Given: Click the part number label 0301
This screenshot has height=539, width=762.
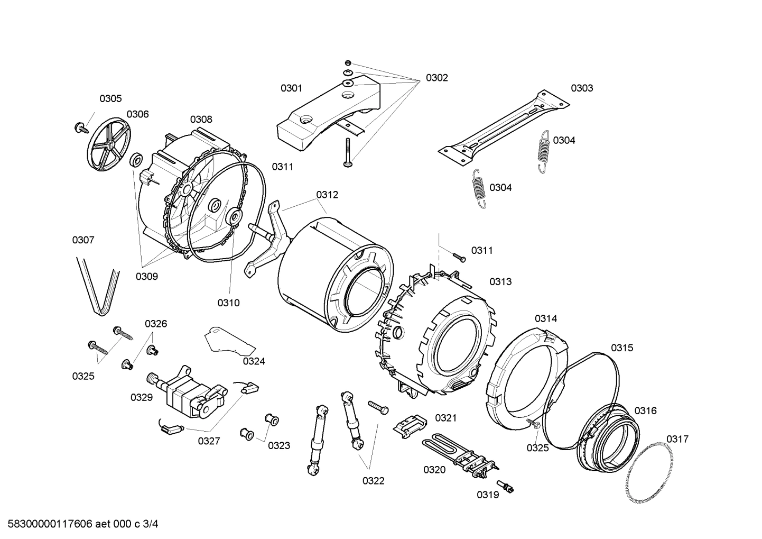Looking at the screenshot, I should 291,88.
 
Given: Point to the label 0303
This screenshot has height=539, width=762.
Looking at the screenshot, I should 582,88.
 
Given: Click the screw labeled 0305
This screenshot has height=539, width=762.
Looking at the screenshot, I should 81,127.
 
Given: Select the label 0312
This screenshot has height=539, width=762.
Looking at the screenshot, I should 327,195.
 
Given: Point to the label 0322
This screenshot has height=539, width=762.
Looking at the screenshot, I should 373,481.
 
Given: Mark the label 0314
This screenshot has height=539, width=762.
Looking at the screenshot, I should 545,318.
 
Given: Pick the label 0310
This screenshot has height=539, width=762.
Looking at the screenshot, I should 228,303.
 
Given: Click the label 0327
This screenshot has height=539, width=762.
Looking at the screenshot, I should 209,441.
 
